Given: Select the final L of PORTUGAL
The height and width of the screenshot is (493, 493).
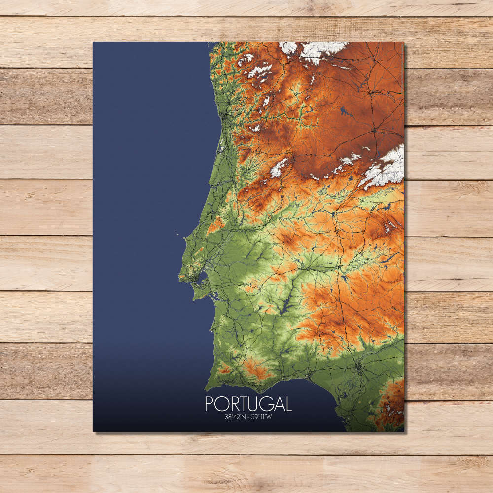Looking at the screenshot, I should (x=288, y=404).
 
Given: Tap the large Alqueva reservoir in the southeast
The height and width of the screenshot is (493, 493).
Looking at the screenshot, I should (x=286, y=309).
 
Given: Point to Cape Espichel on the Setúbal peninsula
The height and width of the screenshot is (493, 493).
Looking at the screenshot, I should (x=194, y=297).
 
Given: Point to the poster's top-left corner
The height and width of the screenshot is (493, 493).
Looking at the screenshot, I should (x=93, y=42).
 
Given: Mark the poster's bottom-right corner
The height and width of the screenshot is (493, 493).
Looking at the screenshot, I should (x=404, y=432).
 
